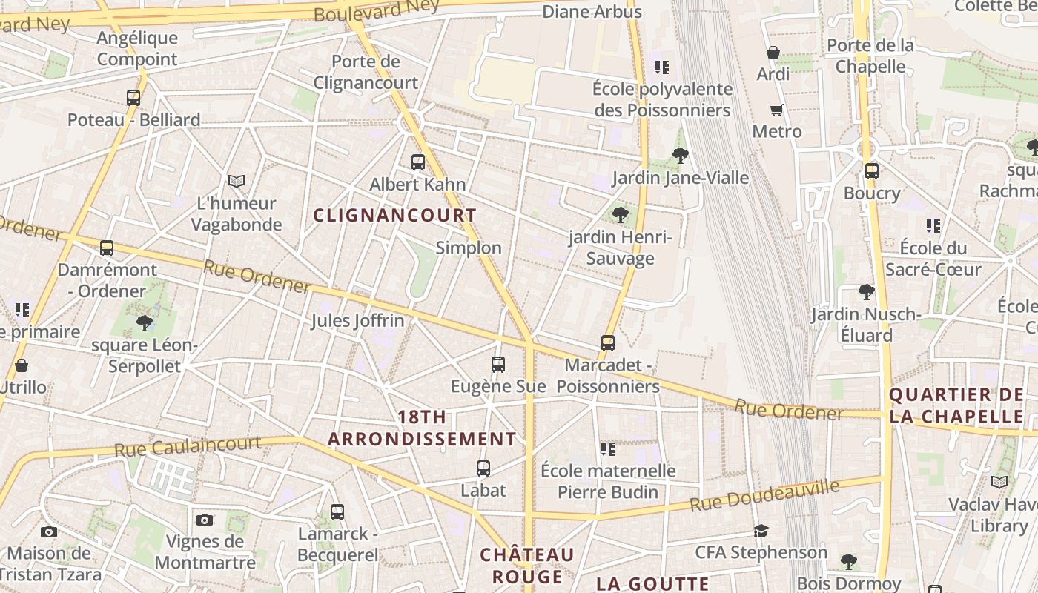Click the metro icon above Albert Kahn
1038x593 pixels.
pyautogui.click(x=418, y=162)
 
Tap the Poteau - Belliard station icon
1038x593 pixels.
pyautogui.click(x=133, y=97)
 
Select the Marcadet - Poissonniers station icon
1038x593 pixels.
pyautogui.click(x=608, y=342)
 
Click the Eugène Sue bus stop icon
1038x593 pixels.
pyautogui.click(x=498, y=364)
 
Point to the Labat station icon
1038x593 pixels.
pyautogui.click(x=483, y=468)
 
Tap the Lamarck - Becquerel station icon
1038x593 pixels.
pyautogui.click(x=337, y=511)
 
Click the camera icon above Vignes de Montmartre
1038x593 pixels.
pyautogui.click(x=205, y=520)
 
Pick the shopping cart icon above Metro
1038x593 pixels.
pyautogui.click(x=776, y=110)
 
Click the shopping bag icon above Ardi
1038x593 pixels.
pyautogui.click(x=773, y=53)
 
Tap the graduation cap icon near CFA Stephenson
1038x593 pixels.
pyautogui.click(x=761, y=531)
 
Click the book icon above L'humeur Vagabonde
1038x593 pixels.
pyautogui.click(x=237, y=181)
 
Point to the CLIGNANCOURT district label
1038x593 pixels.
pyautogui.click(x=394, y=216)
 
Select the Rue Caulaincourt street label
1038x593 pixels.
pyautogui.click(x=188, y=447)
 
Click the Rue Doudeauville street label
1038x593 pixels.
pyautogui.click(x=764, y=495)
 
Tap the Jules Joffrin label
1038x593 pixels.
pyautogui.click(x=357, y=321)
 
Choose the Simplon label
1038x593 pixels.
pyautogui.click(x=469, y=248)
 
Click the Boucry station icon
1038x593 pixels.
pyautogui.click(x=872, y=171)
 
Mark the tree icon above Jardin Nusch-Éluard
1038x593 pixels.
pyautogui.click(x=866, y=292)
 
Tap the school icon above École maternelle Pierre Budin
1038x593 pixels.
pyautogui.click(x=608, y=449)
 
